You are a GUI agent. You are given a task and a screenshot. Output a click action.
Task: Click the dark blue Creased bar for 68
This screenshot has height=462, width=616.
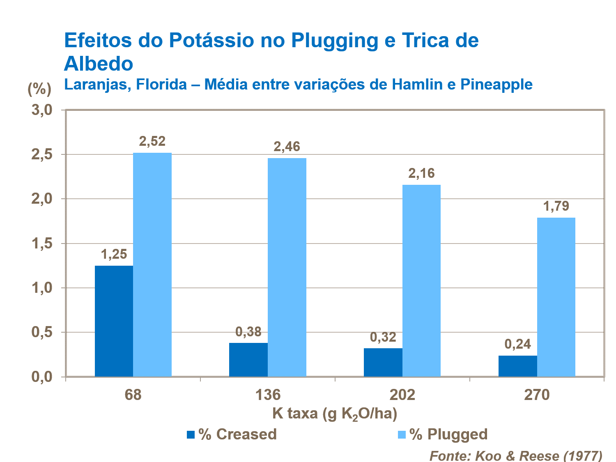(114, 321)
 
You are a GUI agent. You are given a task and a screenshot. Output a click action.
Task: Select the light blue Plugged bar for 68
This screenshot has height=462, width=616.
(152, 265)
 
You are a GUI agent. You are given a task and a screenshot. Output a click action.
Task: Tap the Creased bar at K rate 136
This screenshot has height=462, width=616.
(248, 360)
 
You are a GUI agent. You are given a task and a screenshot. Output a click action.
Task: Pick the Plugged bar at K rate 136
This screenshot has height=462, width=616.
(287, 267)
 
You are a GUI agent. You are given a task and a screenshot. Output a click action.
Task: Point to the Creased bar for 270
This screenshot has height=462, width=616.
(517, 366)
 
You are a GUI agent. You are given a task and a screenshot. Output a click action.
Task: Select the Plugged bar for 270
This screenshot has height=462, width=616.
(556, 297)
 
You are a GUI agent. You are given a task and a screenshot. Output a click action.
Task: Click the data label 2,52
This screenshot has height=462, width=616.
(152, 141)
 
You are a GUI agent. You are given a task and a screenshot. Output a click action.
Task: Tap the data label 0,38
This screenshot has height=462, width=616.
(248, 332)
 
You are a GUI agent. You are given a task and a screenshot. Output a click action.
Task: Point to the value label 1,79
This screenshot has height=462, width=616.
(556, 206)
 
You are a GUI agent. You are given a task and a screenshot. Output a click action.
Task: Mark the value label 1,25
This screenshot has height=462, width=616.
(114, 255)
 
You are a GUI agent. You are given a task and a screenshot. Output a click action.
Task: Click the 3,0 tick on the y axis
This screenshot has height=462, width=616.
(42, 110)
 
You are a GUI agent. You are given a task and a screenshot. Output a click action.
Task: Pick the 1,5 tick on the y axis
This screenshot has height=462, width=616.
(42, 244)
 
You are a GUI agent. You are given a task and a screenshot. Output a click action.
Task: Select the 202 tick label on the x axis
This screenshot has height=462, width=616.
(402, 395)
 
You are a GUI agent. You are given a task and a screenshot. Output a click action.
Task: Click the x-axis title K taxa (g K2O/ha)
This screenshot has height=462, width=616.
(335, 414)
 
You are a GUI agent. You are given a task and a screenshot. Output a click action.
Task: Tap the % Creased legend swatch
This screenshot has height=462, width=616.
(191, 434)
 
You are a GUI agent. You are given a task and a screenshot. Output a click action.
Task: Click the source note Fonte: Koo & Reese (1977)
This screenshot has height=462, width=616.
(516, 455)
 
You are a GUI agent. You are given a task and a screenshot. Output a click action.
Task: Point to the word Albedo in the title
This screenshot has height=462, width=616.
(99, 64)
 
